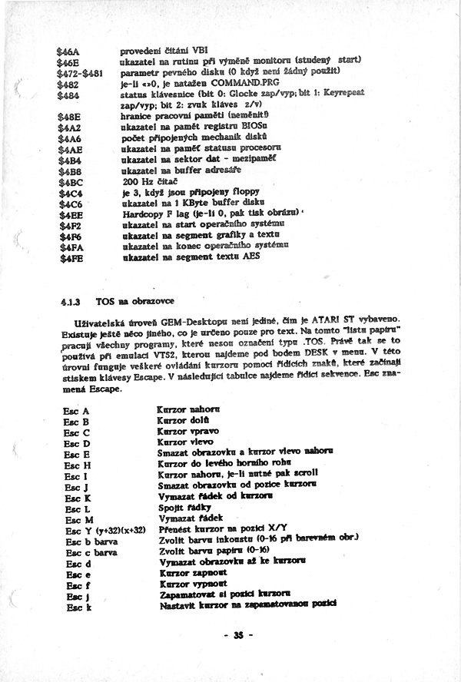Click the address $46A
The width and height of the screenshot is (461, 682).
pyautogui.click(x=70, y=51)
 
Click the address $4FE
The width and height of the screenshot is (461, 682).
pyautogui.click(x=71, y=259)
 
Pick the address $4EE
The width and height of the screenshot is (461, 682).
pyautogui.click(x=71, y=217)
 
